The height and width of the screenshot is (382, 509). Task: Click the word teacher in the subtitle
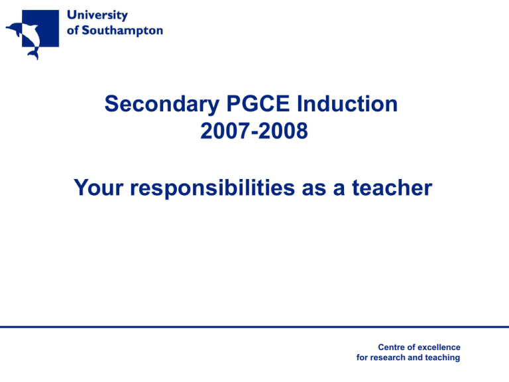[x=393, y=189]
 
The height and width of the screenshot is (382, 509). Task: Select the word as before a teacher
[x=327, y=189]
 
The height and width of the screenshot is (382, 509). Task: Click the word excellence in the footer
[x=439, y=347]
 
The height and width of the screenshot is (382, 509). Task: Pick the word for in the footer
[x=364, y=357]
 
